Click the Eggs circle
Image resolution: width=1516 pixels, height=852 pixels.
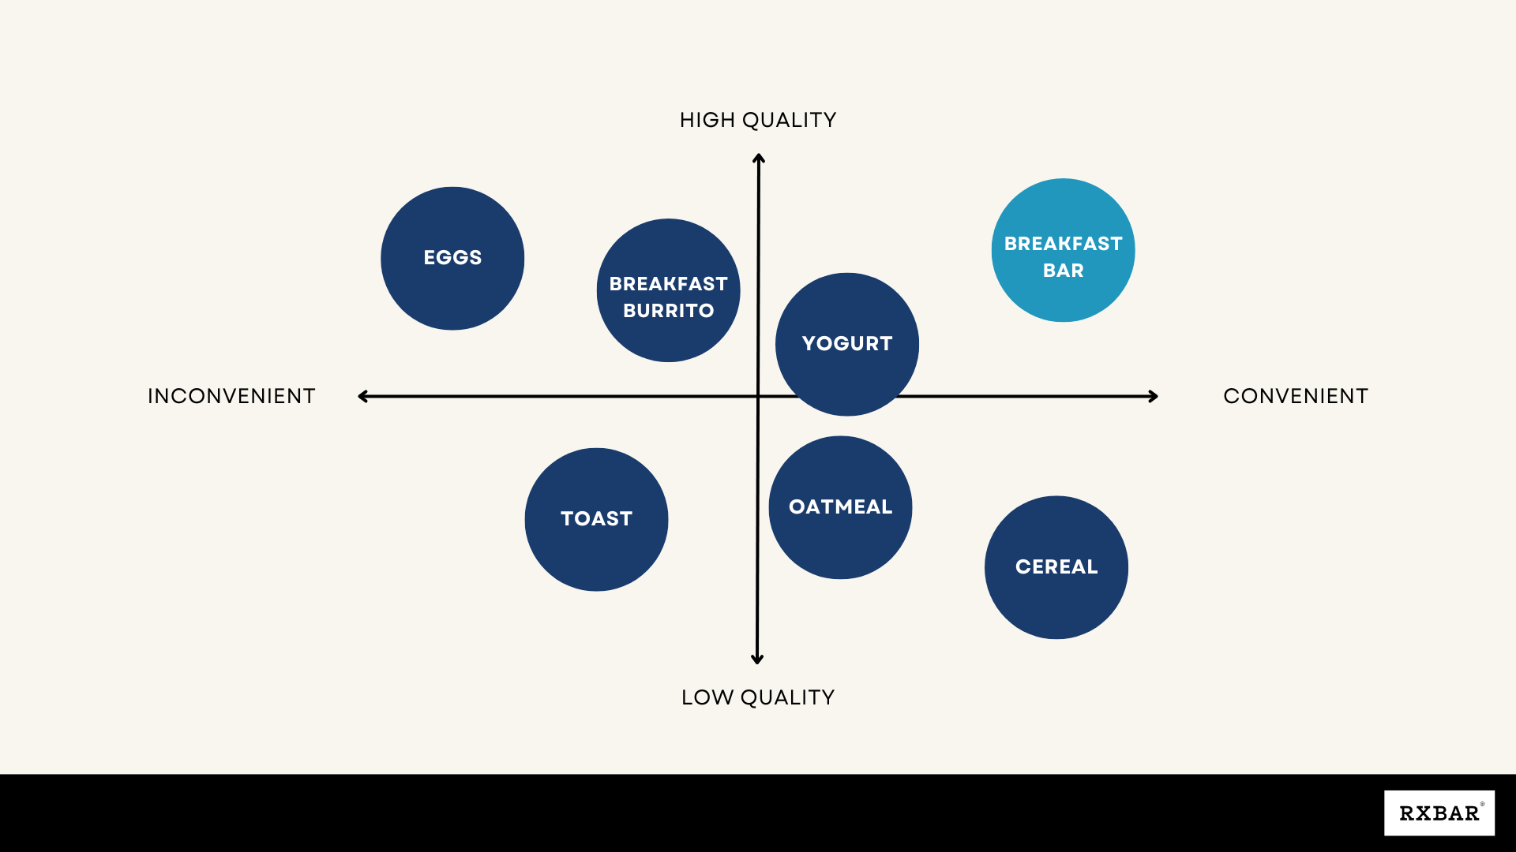pyautogui.click(x=452, y=258)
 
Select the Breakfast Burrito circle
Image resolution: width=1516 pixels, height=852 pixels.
pyautogui.click(x=668, y=290)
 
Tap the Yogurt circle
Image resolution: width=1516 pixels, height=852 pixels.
pyautogui.click(x=846, y=344)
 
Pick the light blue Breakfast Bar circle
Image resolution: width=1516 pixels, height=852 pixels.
pyautogui.click(x=1063, y=250)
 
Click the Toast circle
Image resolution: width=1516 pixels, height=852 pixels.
pyautogui.click(x=596, y=519)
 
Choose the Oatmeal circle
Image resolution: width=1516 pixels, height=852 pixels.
pyautogui.click(x=840, y=507)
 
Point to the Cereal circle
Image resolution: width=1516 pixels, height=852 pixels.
pyautogui.click(x=1056, y=567)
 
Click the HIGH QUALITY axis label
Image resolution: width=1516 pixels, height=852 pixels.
pyautogui.click(x=758, y=120)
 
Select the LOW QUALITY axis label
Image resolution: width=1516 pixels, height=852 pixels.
pyautogui.click(x=758, y=697)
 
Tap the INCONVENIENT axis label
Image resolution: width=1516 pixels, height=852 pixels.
pyautogui.click(x=231, y=396)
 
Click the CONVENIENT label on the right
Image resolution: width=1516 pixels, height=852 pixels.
pyautogui.click(x=1296, y=396)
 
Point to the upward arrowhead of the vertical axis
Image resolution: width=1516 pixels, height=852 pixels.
pyautogui.click(x=759, y=159)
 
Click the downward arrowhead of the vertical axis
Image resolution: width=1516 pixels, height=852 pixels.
pyautogui.click(x=757, y=659)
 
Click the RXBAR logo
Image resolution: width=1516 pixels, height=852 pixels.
pyautogui.click(x=1439, y=813)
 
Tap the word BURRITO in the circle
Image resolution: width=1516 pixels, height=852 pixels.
pyautogui.click(x=668, y=311)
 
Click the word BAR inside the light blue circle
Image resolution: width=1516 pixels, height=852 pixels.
pyautogui.click(x=1063, y=271)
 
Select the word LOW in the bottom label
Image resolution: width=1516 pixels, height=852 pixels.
pyautogui.click(x=707, y=697)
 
